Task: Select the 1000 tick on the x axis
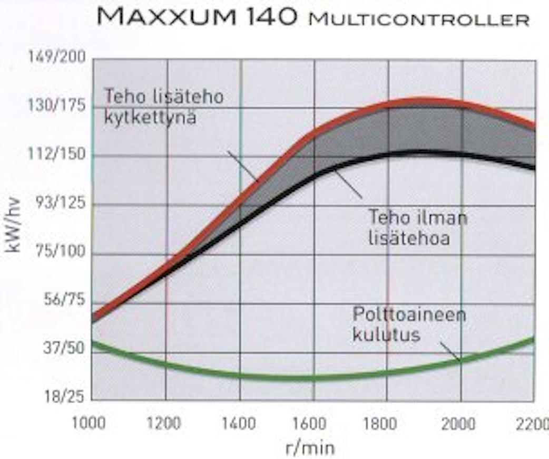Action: [89, 423]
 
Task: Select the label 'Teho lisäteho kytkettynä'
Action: [163, 107]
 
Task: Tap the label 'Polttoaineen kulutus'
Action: [409, 324]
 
